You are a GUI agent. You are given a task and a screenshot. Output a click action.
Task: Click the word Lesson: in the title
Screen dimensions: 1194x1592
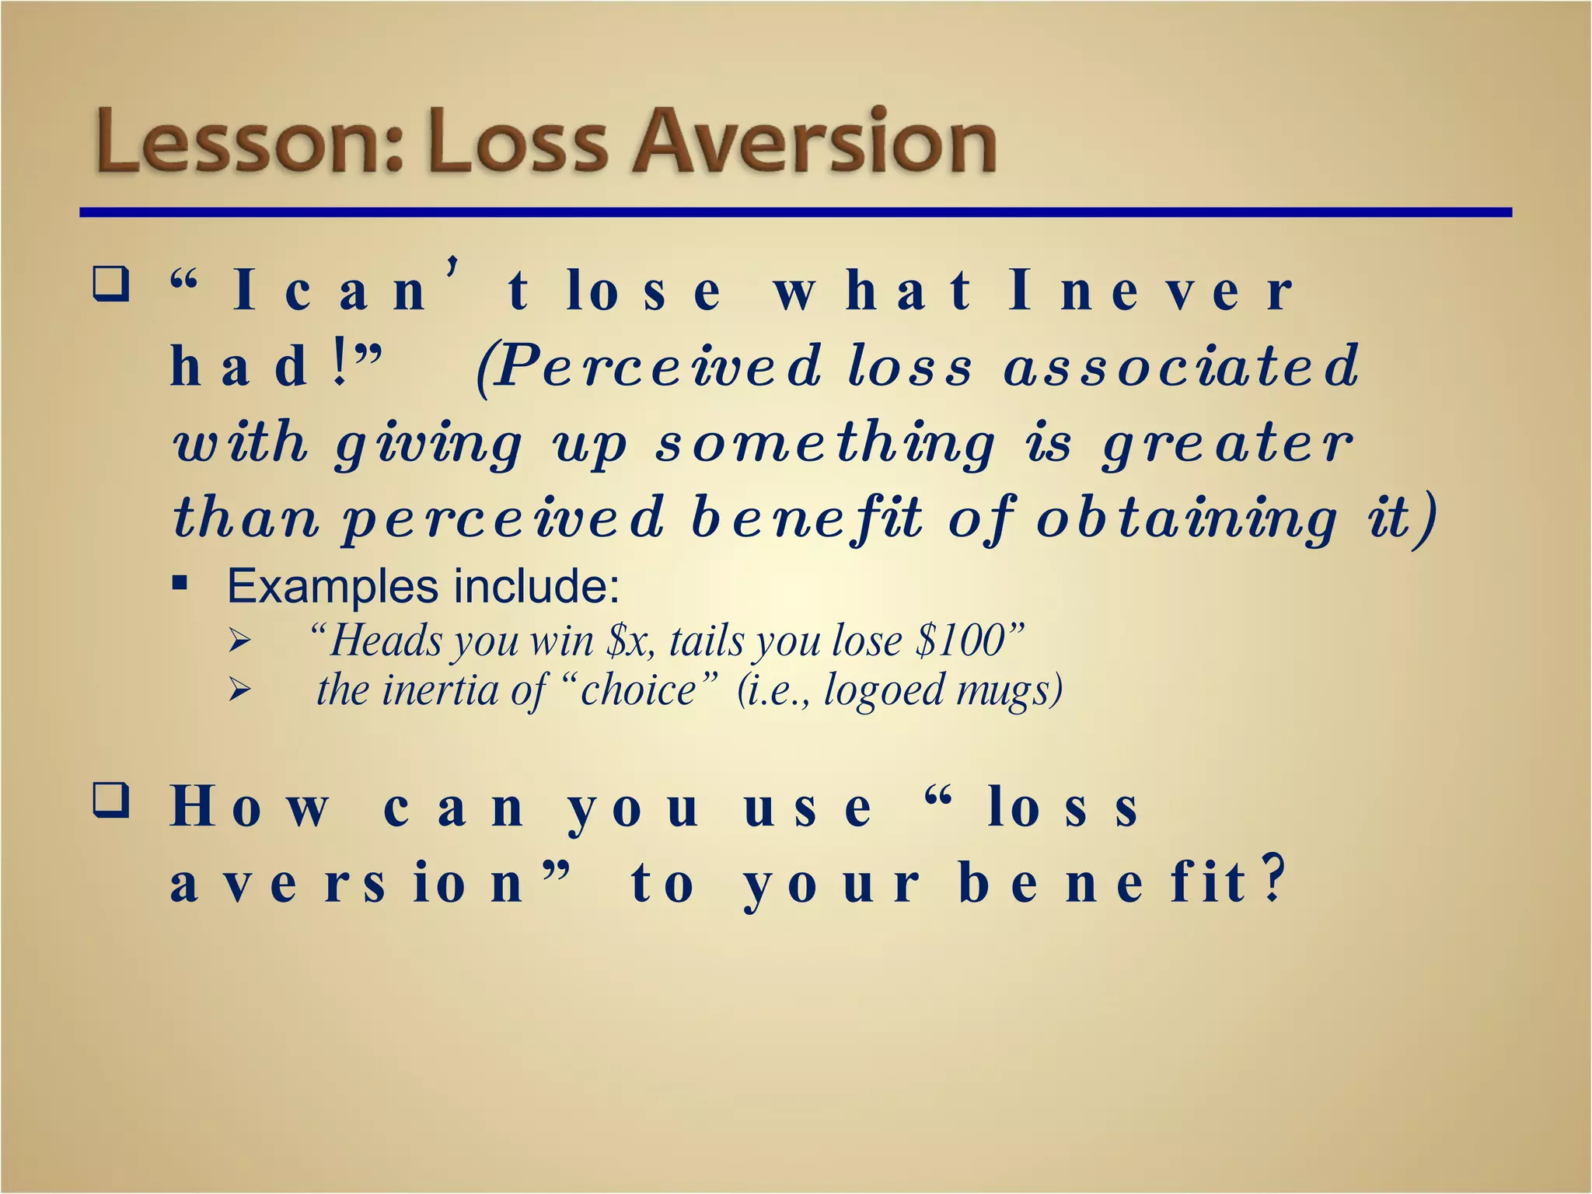tap(249, 142)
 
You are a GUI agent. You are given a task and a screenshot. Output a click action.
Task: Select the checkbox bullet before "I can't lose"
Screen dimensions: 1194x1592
tap(110, 285)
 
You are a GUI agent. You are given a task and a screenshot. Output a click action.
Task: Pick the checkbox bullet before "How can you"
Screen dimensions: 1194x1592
tap(110, 801)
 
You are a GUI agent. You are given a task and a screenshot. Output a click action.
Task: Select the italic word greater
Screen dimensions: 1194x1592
tap(1228, 443)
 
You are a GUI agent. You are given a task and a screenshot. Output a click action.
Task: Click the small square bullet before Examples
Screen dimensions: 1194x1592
tap(180, 582)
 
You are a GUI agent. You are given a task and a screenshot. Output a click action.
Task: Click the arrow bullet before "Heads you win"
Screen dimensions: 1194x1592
tap(239, 642)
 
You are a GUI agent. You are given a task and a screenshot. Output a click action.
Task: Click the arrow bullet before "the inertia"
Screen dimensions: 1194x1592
tap(239, 690)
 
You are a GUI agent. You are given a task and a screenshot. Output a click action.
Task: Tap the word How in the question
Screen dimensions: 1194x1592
tap(249, 808)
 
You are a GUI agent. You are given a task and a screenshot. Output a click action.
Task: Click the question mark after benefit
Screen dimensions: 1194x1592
tap(1272, 881)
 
